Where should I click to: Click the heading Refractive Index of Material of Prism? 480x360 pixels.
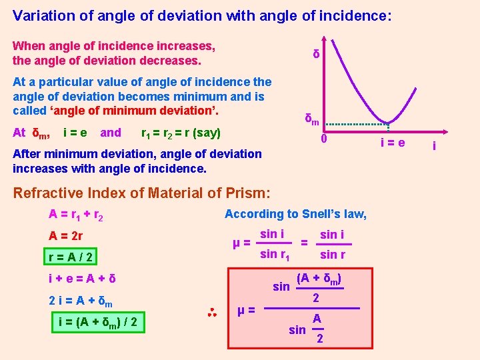tap(141, 193)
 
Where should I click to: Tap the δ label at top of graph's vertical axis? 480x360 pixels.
tap(317, 54)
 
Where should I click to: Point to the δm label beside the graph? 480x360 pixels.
tap(311, 119)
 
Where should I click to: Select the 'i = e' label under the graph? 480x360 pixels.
tap(393, 142)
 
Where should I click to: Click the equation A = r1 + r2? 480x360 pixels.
tap(75, 215)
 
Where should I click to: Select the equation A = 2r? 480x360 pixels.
tap(65, 236)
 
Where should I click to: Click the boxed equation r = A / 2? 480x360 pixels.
tap(70, 257)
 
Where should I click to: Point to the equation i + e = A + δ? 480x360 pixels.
tap(82, 278)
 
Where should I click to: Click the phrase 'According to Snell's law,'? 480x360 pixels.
tap(295, 214)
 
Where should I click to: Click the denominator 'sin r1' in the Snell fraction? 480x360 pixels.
tap(274, 254)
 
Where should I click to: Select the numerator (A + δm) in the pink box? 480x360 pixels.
tap(319, 277)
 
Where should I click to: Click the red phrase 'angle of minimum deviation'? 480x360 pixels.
tap(134, 111)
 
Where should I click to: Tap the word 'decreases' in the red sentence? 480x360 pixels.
tap(171, 61)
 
